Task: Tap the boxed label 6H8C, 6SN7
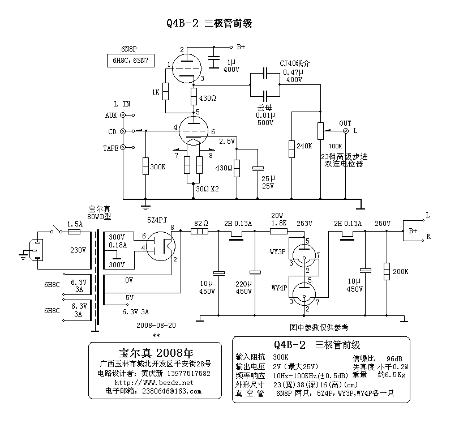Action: click(131, 60)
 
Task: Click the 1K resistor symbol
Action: click(166, 91)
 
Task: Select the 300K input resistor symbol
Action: click(146, 166)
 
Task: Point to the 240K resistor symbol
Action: click(292, 149)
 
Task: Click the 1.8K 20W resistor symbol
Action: click(280, 231)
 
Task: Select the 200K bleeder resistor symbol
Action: click(387, 271)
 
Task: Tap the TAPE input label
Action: click(111, 148)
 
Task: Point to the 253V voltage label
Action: click(304, 224)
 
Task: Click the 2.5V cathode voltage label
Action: click(226, 141)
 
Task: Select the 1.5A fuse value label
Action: click(75, 224)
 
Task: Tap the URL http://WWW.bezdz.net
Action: click(154, 382)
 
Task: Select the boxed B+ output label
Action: click(413, 231)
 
